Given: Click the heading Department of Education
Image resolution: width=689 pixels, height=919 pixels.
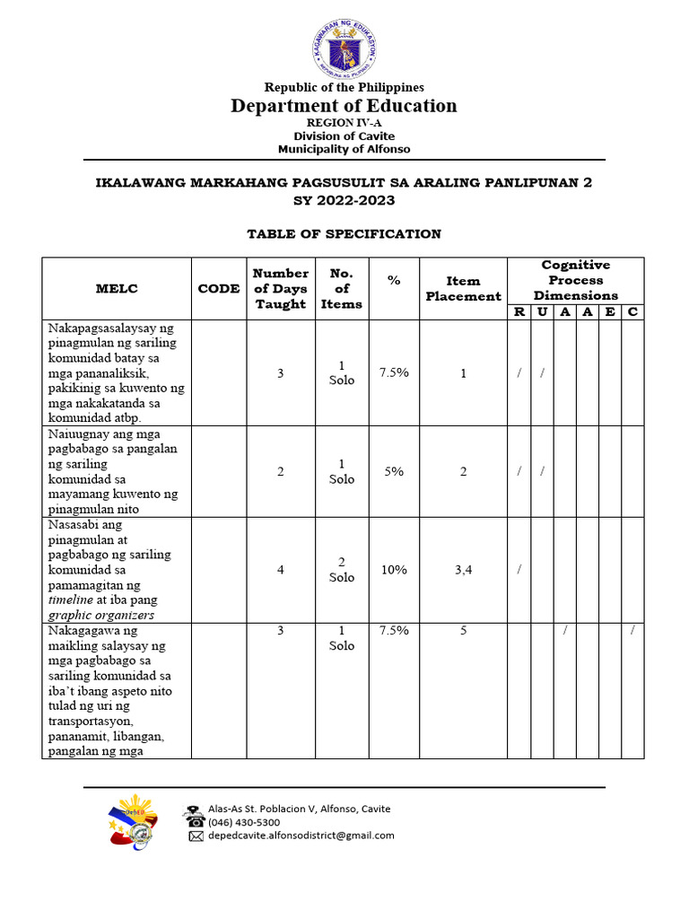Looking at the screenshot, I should (x=344, y=106).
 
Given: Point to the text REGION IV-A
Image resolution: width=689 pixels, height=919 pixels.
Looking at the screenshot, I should (x=344, y=123).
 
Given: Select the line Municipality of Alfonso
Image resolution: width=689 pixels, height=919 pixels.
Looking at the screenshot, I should (x=344, y=149).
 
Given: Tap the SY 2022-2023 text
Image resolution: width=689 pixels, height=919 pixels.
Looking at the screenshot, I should (x=344, y=200).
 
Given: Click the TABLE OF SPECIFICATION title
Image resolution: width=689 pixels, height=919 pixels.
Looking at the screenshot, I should (x=344, y=234).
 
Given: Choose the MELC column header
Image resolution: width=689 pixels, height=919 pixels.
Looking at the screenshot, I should (x=117, y=288).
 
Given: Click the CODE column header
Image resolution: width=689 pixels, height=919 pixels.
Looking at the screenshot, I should (x=219, y=288).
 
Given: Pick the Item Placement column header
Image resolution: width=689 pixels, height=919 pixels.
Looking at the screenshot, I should (x=463, y=288).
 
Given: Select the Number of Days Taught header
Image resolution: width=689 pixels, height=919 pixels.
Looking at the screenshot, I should (x=281, y=288).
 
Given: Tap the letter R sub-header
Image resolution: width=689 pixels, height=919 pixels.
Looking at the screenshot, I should (x=519, y=311).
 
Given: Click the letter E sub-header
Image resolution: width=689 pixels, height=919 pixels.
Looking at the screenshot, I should (x=610, y=311).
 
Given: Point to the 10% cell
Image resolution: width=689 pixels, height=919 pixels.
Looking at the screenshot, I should (x=394, y=570).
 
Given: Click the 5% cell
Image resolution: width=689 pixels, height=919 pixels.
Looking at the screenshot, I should (x=394, y=470).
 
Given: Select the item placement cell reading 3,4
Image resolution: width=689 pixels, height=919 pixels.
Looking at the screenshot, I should (x=463, y=570).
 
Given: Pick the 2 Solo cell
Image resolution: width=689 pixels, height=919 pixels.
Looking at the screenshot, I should (x=342, y=570).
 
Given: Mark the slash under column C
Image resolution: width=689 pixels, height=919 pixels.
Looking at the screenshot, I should (x=632, y=631).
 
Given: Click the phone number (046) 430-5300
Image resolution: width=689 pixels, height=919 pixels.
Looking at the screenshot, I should (x=244, y=822).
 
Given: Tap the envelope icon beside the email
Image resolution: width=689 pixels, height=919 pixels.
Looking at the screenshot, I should (x=196, y=836).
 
